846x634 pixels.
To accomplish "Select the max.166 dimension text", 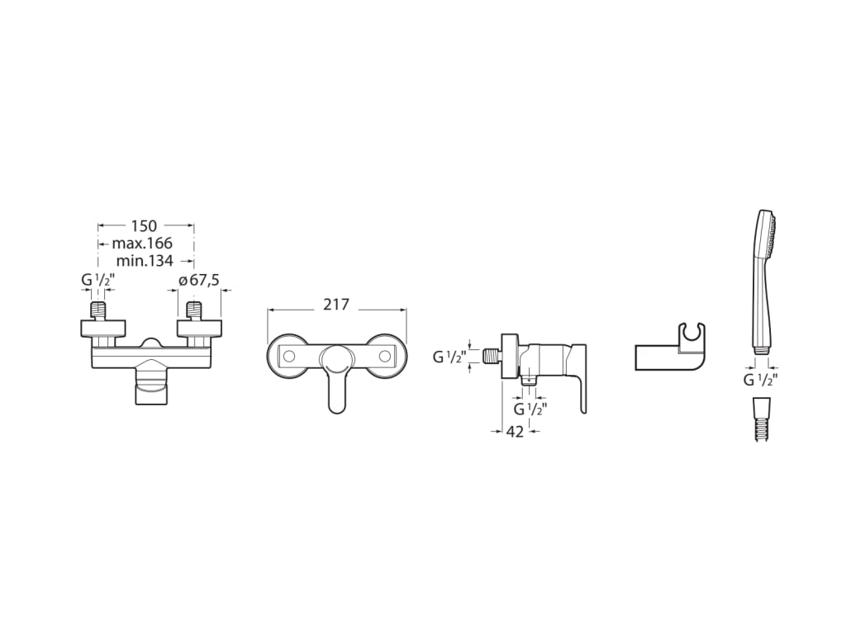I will (142, 244).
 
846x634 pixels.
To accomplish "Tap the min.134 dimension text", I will (145, 261).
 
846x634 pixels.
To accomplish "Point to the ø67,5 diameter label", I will (199, 281).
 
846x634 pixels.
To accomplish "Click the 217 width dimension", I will (335, 305).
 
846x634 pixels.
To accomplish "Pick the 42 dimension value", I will (515, 431).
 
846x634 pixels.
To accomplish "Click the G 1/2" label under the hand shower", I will (760, 380).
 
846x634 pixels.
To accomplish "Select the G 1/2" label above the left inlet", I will (97, 281).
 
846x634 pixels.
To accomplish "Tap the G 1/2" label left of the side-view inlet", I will (449, 357).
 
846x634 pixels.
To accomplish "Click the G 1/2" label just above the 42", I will (530, 409).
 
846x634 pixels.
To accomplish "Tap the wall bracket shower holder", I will (671, 352).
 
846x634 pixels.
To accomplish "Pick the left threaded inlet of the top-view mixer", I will (97, 312).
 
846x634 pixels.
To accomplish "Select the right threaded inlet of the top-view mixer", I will (194, 312).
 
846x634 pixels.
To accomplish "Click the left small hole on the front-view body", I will (290, 357).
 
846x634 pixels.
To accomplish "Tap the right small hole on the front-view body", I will (383, 357).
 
